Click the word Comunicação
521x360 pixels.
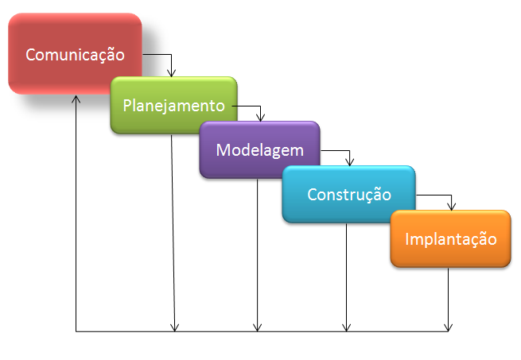coord(75,55)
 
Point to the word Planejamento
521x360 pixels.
coord(173,105)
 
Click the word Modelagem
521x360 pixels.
coord(259,149)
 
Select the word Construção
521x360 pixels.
coord(348,194)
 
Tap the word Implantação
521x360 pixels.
coord(450,239)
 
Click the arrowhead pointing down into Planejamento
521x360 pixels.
coord(171,72)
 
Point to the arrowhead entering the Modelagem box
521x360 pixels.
coord(260,117)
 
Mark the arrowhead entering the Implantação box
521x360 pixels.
coord(451,206)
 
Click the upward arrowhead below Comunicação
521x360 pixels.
coord(76,99)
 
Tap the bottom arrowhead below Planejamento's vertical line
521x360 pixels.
coord(175,326)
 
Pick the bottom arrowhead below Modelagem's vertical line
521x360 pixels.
coord(257,326)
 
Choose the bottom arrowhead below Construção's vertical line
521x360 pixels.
coord(346,326)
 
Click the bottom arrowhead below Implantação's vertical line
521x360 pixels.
coord(449,326)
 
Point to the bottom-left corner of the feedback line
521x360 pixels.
coord(76,331)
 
